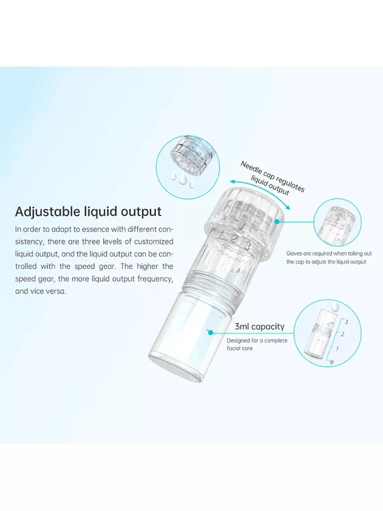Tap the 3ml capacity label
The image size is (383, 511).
[259, 327]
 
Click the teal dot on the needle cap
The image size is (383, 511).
[277, 221]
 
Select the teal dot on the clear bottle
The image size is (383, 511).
[211, 332]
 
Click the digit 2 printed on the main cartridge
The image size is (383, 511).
[234, 239]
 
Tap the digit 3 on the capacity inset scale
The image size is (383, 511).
[347, 322]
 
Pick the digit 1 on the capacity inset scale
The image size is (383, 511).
[337, 349]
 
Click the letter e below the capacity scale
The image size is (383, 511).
[332, 362]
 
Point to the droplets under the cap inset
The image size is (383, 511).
[179, 178]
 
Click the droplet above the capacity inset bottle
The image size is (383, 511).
[335, 306]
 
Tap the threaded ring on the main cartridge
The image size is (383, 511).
[213, 287]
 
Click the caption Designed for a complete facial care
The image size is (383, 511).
[257, 344]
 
